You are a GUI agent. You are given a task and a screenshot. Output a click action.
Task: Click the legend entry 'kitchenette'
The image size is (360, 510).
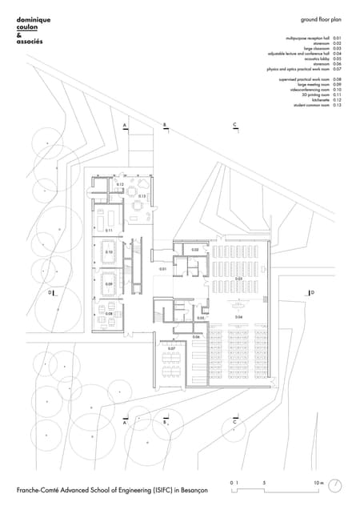(x=320, y=100)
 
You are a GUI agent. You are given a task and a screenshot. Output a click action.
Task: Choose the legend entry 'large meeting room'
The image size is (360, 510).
(x=314, y=85)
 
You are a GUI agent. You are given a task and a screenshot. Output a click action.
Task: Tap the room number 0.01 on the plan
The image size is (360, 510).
(x=162, y=269)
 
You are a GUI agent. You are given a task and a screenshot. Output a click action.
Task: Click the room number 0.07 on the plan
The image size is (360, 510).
(x=171, y=349)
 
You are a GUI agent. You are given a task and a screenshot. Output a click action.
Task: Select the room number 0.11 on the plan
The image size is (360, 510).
(x=109, y=231)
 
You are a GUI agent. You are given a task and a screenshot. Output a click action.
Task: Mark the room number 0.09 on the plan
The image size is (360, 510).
(x=109, y=284)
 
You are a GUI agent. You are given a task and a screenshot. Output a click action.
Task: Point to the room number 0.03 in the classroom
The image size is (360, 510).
(x=238, y=279)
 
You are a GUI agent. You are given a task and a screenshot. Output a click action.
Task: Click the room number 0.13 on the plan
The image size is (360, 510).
(x=142, y=196)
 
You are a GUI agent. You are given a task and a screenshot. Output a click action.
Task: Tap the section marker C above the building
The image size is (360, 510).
(x=234, y=126)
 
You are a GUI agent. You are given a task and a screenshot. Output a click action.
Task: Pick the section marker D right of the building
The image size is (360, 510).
(x=311, y=293)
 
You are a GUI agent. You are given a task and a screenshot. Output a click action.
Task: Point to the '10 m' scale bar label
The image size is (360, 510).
(x=318, y=483)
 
